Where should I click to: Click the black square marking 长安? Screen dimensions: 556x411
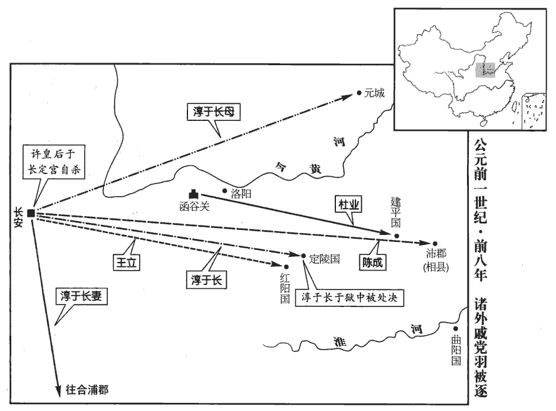click(31, 213)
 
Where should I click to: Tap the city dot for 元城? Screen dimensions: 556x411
click(359, 93)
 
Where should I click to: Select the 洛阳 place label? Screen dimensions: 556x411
click(241, 194)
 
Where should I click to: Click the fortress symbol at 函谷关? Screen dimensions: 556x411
click(194, 194)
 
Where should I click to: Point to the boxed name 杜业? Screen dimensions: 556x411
click(349, 205)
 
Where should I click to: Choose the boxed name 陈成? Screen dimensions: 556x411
click(372, 263)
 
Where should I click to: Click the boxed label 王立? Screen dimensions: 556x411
click(127, 263)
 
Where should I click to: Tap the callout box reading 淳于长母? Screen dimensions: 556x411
click(214, 112)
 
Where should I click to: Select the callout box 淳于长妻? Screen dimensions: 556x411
click(81, 296)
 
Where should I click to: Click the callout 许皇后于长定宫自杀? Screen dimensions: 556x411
click(54, 162)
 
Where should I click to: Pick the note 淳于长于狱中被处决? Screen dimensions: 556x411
click(349, 298)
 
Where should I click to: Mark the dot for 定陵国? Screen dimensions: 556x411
click(303, 256)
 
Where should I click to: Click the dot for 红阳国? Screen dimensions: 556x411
click(286, 267)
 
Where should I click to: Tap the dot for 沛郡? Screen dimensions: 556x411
click(435, 244)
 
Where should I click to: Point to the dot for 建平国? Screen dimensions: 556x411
click(397, 236)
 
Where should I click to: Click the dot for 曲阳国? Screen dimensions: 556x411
click(456, 329)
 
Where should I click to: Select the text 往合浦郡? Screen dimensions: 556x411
click(87, 390)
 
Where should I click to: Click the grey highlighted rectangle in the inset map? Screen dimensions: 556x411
click(485, 70)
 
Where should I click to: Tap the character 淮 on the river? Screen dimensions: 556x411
click(340, 342)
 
